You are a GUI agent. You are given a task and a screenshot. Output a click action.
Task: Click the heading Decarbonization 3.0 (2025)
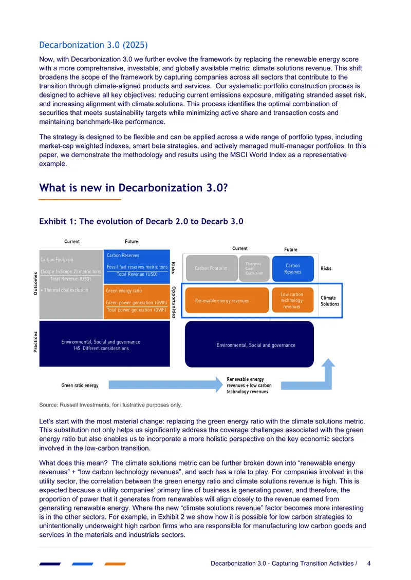pos(94,45)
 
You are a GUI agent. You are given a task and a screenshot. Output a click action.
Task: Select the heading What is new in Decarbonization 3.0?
pos(133,188)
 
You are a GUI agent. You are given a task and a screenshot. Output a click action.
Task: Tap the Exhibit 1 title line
pos(141,222)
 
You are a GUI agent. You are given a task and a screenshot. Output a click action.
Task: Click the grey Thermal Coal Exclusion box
pos(254,268)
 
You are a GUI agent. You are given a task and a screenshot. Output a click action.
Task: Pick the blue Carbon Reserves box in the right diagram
pos(293,269)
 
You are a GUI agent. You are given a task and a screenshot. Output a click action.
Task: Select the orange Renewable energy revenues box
pos(227,300)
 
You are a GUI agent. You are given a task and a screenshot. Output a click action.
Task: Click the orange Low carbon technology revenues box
pos(292,300)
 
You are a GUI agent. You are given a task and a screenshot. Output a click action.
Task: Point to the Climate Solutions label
pos(330,301)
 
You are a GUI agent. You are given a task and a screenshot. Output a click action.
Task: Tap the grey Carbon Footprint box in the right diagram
pos(212,268)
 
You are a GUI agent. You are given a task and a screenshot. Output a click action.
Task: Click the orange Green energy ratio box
pos(137,301)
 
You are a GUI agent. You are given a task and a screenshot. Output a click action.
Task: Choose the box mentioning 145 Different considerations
pos(104,343)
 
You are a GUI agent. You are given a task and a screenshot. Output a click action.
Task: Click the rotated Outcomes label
pos(35,284)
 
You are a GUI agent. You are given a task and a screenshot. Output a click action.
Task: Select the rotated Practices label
pos(35,342)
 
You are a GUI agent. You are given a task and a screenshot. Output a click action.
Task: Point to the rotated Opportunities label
pos(174,302)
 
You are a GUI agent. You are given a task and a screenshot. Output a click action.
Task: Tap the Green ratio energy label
pos(80,385)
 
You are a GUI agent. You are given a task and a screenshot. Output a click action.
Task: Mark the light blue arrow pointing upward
pos(327,374)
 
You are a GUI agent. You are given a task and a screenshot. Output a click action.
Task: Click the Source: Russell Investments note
pos(110,405)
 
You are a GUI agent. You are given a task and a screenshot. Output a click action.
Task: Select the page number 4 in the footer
pos(369,564)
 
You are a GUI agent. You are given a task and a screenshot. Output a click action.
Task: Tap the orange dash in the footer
pos(115,564)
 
